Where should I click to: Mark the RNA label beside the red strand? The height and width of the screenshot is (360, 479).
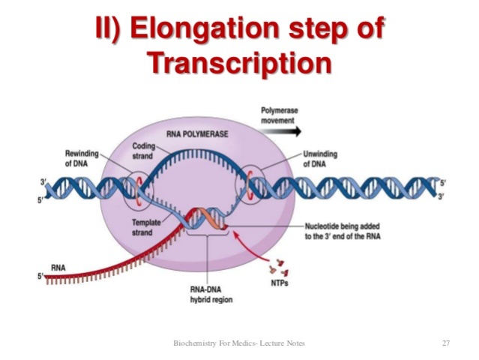pyautogui.click(x=58, y=267)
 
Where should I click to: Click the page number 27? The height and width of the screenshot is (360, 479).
pyautogui.click(x=445, y=343)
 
